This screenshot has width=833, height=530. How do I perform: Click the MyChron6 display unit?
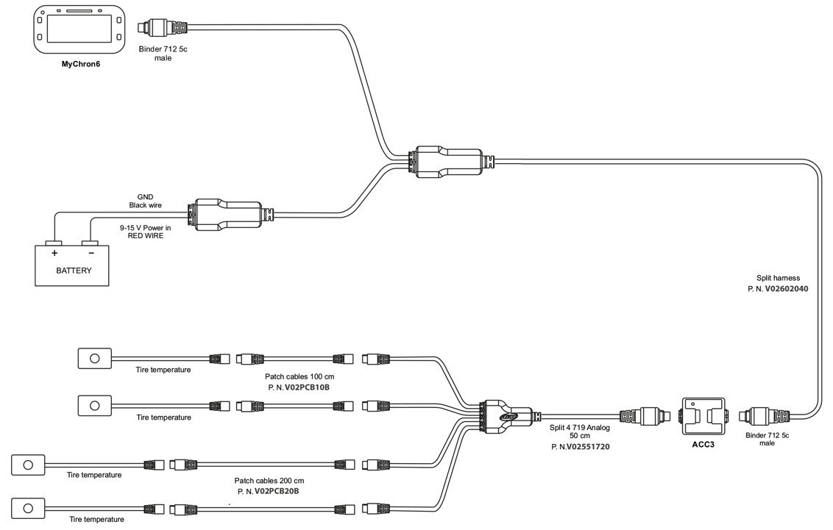pyautogui.click(x=77, y=30)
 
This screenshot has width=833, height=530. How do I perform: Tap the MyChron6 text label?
pyautogui.click(x=80, y=64)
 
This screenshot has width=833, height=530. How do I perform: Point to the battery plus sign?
pyautogui.click(x=54, y=253)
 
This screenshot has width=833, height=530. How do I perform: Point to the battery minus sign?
pyautogui.click(x=91, y=253)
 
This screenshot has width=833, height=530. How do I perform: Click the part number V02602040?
pyautogui.click(x=786, y=290)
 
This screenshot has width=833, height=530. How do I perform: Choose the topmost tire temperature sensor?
pyautogui.click(x=94, y=358)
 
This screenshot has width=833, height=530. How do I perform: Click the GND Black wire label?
pyautogui.click(x=144, y=201)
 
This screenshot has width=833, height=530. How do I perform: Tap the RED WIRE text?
pyautogui.click(x=144, y=237)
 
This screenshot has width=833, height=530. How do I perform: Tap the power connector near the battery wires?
pyautogui.click(x=224, y=213)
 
